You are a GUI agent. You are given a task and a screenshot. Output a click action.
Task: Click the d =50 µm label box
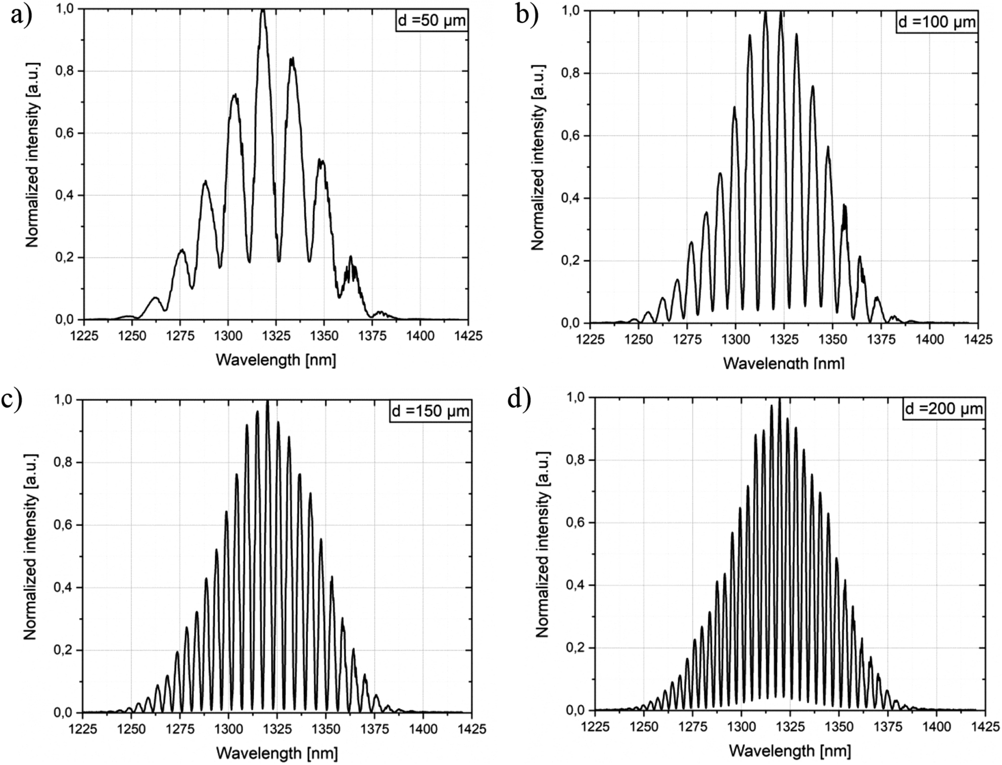tap(431, 21)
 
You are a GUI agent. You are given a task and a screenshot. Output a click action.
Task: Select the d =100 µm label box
tap(936, 22)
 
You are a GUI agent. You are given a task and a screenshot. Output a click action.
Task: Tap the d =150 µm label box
tap(431, 411)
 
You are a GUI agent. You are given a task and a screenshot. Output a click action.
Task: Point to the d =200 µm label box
tap(943, 408)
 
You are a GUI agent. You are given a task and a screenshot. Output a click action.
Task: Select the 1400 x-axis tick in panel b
tap(929, 339)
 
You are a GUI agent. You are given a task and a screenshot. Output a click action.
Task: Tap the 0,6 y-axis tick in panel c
tap(64, 525)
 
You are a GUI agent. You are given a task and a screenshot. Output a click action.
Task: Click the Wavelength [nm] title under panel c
tap(276, 753)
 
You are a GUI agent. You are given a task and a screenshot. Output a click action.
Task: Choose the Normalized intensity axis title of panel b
tap(538, 157)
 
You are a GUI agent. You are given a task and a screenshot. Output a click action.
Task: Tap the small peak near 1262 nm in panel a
tap(156, 298)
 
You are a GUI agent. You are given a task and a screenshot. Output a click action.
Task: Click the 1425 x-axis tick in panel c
tap(471, 729)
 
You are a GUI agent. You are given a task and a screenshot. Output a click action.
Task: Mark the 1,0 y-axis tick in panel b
tap(571, 11)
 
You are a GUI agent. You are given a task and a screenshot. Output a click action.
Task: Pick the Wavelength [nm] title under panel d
tap(789, 750)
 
